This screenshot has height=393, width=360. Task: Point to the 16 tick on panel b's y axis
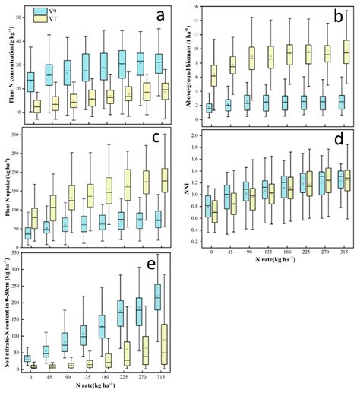(197, 7)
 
